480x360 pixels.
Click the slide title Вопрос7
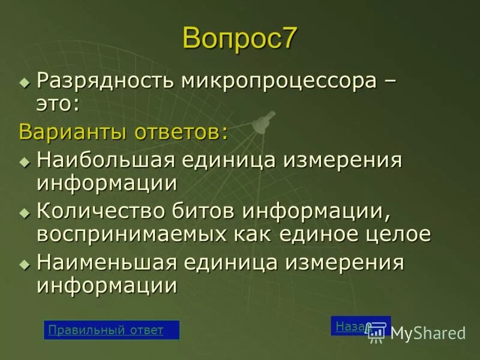(x=239, y=38)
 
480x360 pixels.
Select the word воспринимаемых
(x=128, y=234)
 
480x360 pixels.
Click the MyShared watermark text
(x=428, y=334)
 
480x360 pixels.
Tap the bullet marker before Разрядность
(x=24, y=81)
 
